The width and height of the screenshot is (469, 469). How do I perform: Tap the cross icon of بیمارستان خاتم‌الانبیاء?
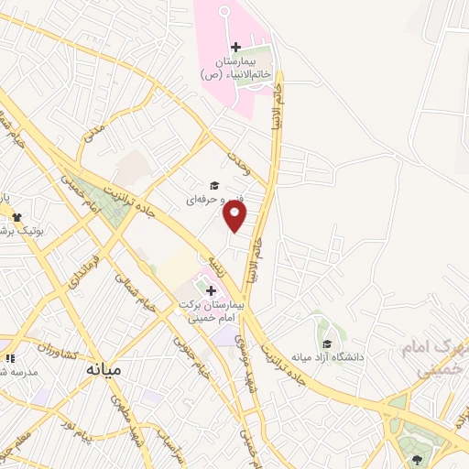tap(235, 47)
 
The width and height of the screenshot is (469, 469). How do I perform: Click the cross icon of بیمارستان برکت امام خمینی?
tap(211, 289)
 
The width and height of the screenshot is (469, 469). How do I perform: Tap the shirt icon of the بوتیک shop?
tap(16, 217)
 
